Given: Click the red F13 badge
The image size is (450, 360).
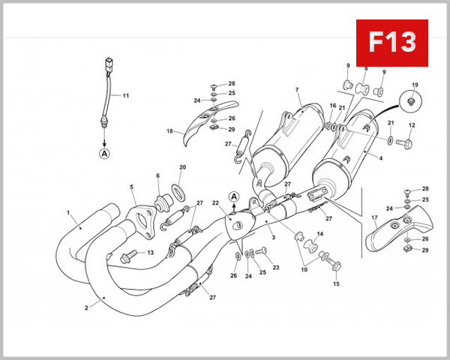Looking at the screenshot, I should [x=391, y=42].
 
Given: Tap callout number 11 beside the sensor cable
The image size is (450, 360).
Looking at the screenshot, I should [x=126, y=96].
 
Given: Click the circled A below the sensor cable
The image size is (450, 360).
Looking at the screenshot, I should [x=104, y=153].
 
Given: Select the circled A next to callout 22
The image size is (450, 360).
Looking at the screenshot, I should [x=234, y=197].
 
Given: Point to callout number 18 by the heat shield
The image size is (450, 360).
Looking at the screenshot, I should [x=169, y=131].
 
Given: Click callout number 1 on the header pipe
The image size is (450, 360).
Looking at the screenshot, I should [x=68, y=213].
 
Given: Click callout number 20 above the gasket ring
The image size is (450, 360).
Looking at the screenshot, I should [x=182, y=167].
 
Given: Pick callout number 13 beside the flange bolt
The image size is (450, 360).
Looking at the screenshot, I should [x=149, y=253].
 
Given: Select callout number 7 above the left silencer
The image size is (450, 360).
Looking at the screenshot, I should [x=297, y=91].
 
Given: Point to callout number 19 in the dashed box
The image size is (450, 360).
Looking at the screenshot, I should [x=415, y=85].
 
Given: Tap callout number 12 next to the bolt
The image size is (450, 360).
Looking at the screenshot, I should [x=411, y=125].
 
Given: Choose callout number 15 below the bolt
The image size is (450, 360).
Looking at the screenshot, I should [x=336, y=283].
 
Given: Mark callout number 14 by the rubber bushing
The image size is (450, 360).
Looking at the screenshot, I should [x=320, y=235].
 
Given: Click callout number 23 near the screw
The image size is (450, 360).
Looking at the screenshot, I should [x=275, y=268].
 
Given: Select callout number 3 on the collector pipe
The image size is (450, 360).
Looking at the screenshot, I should [x=273, y=237].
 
